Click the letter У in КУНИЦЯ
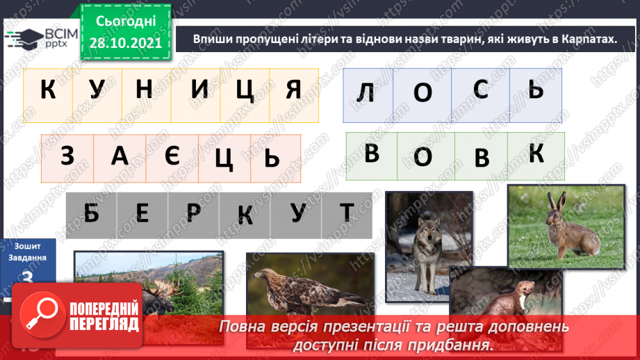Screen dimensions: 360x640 (97, 90)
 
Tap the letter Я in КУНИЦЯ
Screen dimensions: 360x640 (294, 90)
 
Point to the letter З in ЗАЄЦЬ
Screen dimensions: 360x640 (67, 157)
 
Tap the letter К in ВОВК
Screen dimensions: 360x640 (536, 155)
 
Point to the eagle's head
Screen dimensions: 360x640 (263, 277)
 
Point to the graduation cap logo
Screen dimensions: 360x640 (23, 38)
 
